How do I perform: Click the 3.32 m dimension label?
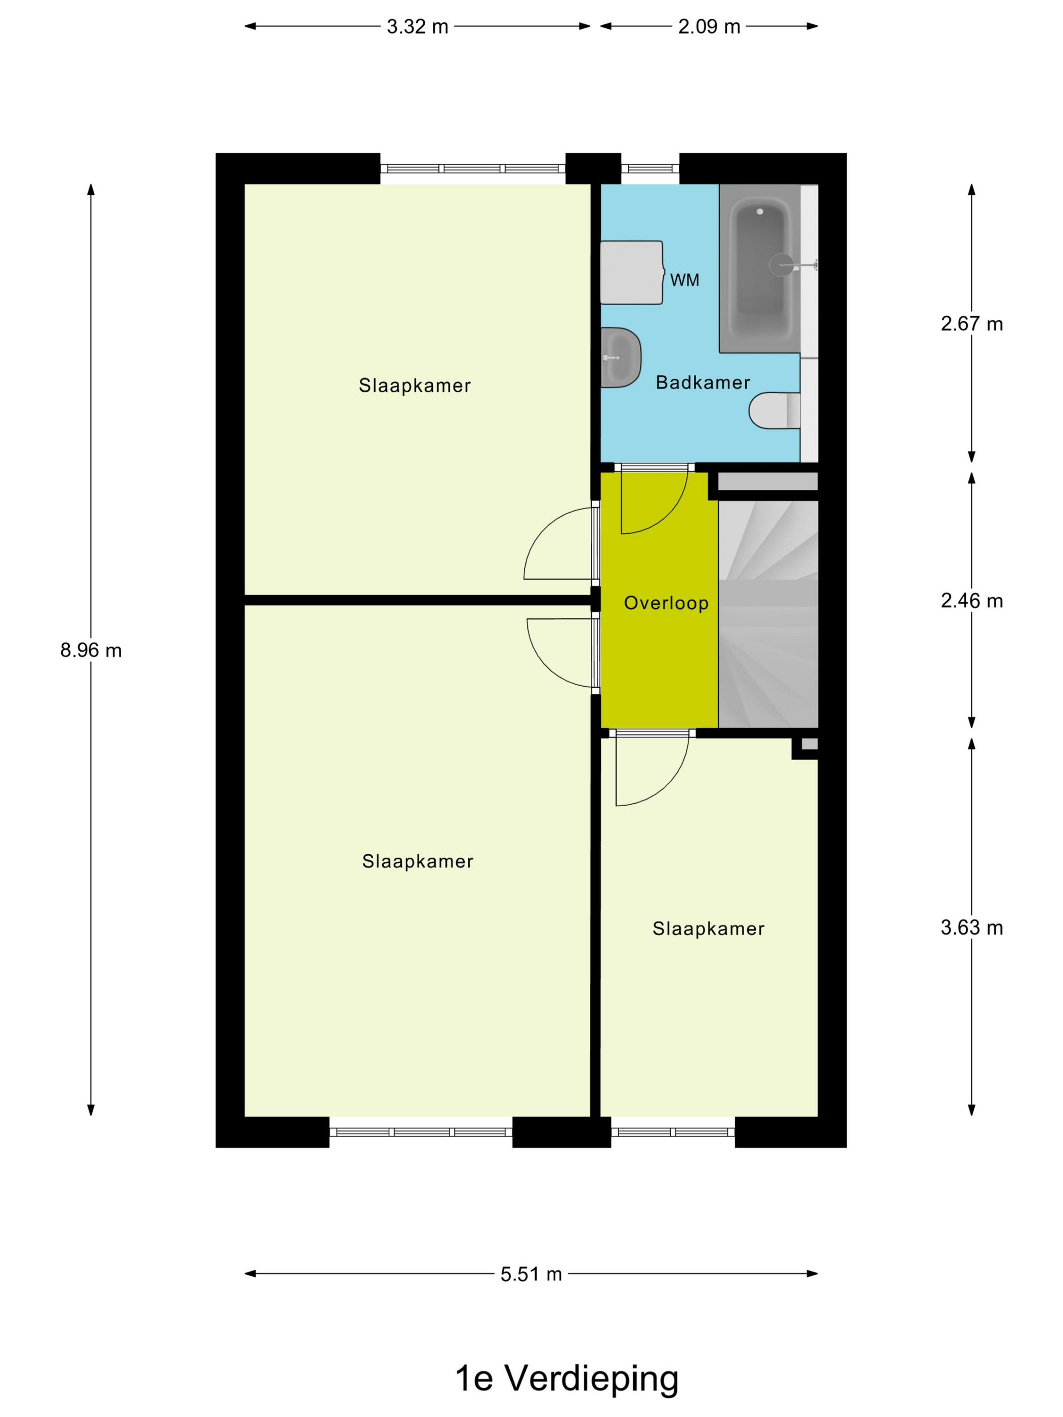417,27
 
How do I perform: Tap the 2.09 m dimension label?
709,27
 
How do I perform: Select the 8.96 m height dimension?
91,650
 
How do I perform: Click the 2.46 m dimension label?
971,600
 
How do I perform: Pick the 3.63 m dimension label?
971,927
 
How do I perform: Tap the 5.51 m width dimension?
531,1274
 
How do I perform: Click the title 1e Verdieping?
566,1379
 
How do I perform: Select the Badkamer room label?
703,383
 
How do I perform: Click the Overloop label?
666,603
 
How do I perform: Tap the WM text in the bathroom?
684,280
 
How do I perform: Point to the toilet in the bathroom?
774,410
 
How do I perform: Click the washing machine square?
632,272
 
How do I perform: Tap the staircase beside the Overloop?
768,614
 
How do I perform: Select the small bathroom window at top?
650,169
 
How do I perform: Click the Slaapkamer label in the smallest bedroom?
709,929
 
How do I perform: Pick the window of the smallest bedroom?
673,1132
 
